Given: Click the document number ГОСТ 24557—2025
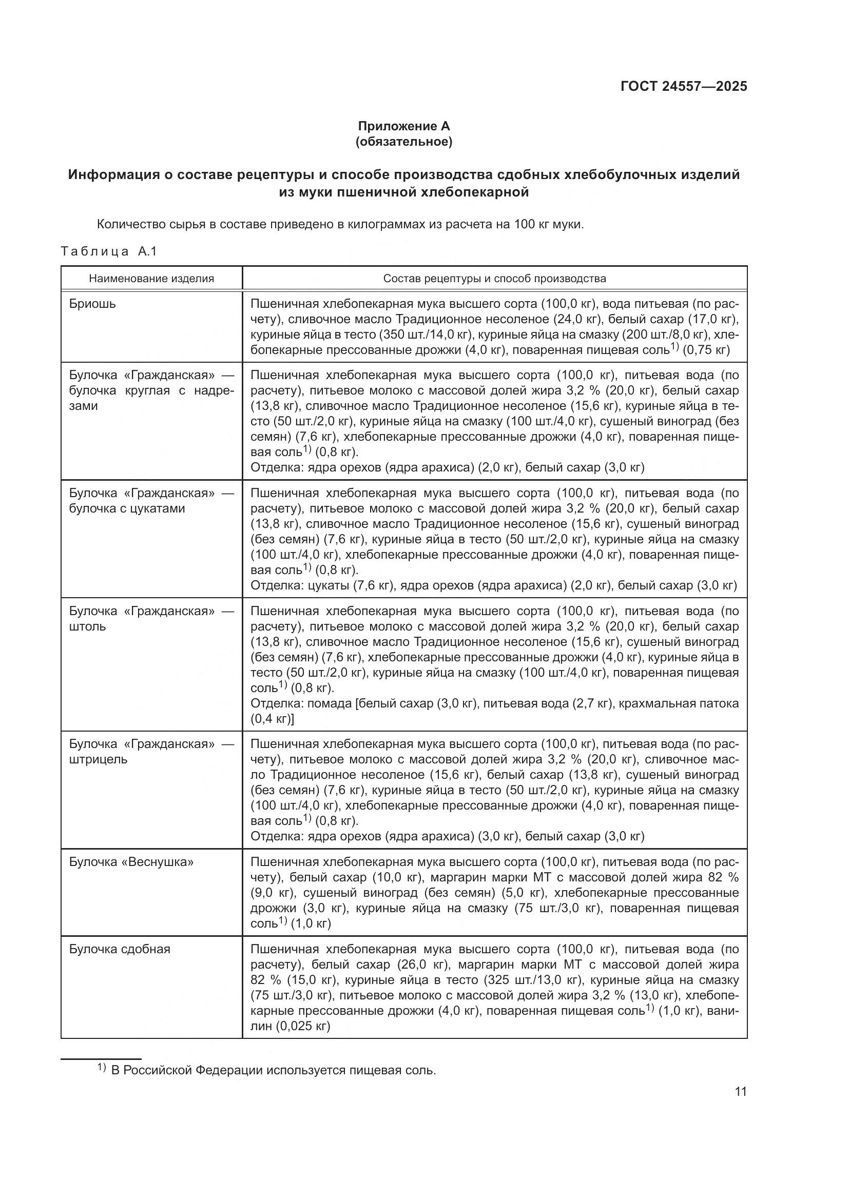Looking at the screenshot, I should pyautogui.click(x=683, y=86).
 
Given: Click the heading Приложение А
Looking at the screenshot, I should pyautogui.click(x=403, y=126).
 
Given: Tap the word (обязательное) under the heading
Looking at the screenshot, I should pyautogui.click(x=403, y=142).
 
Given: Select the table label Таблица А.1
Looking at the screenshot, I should pyautogui.click(x=109, y=251).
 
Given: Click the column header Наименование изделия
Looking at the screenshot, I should pyautogui.click(x=151, y=278).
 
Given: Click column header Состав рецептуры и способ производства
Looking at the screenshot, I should pyautogui.click(x=494, y=278).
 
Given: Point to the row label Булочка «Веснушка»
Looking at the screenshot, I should pyautogui.click(x=131, y=862).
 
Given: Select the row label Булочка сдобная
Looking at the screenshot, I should pyautogui.click(x=120, y=949).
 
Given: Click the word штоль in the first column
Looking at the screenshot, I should pyautogui.click(x=87, y=626).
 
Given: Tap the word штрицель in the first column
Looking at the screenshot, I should pyautogui.click(x=98, y=759).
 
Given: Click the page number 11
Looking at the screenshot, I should pyautogui.click(x=740, y=1091).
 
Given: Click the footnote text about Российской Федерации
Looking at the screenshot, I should pyautogui.click(x=273, y=1070).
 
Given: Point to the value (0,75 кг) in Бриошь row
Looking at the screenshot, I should pyautogui.click(x=706, y=350).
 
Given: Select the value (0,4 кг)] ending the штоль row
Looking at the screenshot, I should pyautogui.click(x=272, y=719).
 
